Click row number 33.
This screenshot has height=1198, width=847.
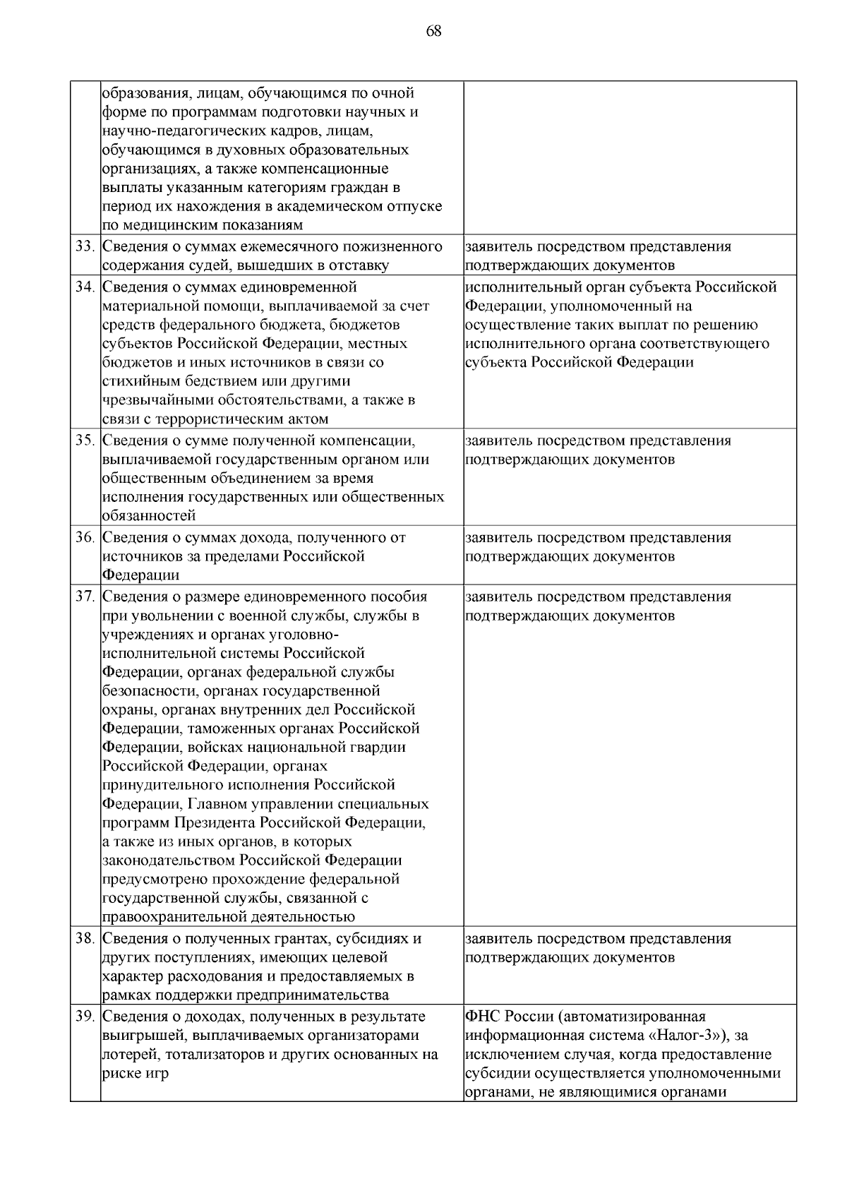pos(85,247)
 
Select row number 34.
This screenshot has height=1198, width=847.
pos(85,287)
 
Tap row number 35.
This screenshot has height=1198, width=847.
pos(85,441)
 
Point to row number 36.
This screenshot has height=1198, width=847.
pos(85,538)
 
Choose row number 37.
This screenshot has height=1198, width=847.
pos(85,597)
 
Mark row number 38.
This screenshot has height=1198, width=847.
pos(85,939)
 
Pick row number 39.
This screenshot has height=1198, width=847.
pos(85,1017)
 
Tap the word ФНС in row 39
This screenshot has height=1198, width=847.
pos(483,1017)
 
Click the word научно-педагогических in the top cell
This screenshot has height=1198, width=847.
pos(183,131)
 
